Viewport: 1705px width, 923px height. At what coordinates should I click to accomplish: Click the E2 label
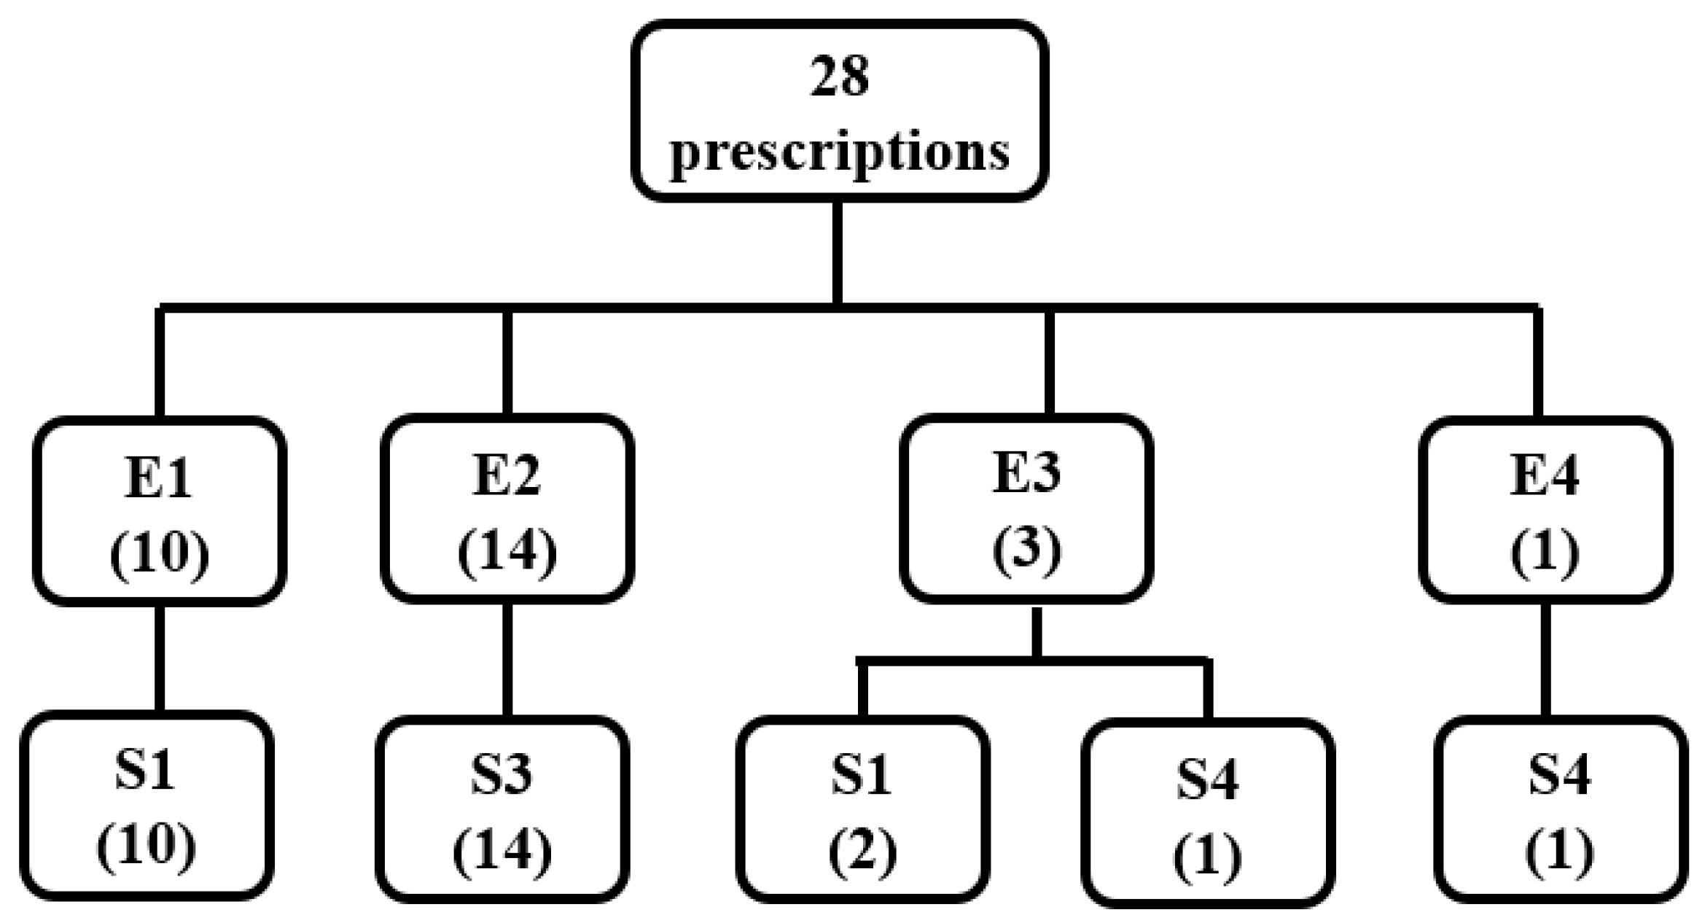point(507,475)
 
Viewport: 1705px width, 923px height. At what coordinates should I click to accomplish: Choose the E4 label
point(1545,475)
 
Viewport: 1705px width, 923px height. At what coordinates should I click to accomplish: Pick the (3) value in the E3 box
point(1026,548)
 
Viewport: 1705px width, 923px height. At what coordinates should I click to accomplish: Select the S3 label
point(501,774)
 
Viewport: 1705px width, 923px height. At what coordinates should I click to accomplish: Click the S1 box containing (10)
point(147,806)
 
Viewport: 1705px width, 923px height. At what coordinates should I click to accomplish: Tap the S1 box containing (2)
point(862,809)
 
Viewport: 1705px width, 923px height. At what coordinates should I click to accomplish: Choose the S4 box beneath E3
point(1208,813)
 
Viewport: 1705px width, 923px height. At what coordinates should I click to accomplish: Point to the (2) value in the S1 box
point(862,851)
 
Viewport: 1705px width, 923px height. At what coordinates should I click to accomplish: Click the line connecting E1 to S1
point(160,658)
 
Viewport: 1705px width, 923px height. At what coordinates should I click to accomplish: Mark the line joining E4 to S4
point(1545,660)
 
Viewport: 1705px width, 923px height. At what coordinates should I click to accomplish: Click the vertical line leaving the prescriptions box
point(838,252)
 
